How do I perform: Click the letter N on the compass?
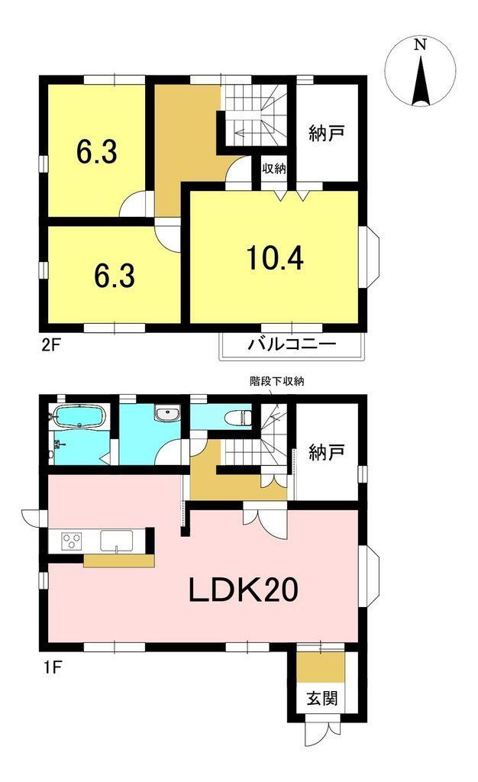(x=421, y=45)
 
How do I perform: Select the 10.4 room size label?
(x=275, y=258)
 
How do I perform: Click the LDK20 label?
(x=243, y=590)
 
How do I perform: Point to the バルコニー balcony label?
(x=292, y=344)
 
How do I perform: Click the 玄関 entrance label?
(x=322, y=698)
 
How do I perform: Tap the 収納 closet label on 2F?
(x=274, y=168)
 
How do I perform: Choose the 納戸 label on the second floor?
(x=327, y=134)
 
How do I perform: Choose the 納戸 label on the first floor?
(x=327, y=453)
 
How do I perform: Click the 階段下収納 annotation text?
(x=276, y=382)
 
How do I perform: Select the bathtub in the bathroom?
(x=79, y=415)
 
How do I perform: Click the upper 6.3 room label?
(x=97, y=152)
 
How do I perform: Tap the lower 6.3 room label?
(x=115, y=276)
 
